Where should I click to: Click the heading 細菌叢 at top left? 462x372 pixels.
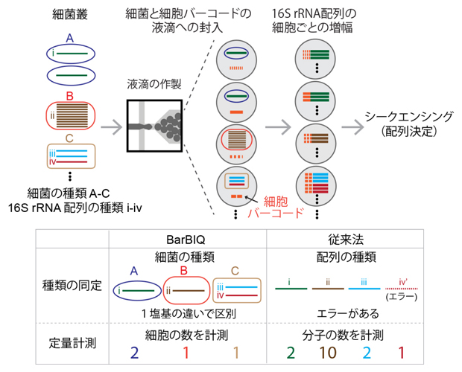click(69, 15)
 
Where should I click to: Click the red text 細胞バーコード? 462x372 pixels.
click(279, 206)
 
